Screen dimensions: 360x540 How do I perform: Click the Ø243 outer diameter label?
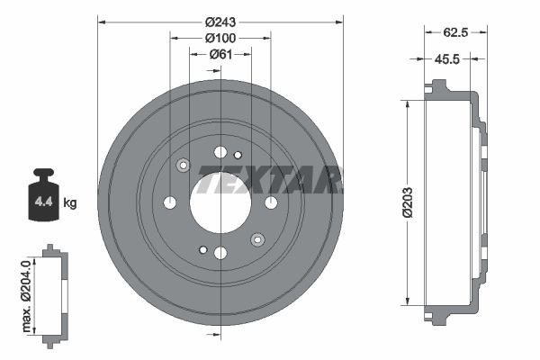click(x=220, y=22)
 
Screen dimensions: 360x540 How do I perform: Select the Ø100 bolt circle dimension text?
click(x=220, y=38)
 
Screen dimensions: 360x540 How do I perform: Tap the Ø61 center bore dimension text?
click(x=220, y=54)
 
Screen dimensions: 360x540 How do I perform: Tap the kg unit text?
click(x=69, y=202)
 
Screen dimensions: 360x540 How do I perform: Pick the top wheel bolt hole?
click(x=220, y=151)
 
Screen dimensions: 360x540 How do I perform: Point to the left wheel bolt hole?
click(x=170, y=202)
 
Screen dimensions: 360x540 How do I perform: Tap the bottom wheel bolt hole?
click(x=220, y=253)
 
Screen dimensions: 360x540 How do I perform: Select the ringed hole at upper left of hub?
click(x=184, y=165)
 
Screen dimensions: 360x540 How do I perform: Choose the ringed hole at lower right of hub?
click(x=257, y=238)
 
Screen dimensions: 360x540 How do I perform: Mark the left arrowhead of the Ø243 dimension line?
click(x=102, y=22)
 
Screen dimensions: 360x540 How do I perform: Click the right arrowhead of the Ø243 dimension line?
click(x=339, y=22)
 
